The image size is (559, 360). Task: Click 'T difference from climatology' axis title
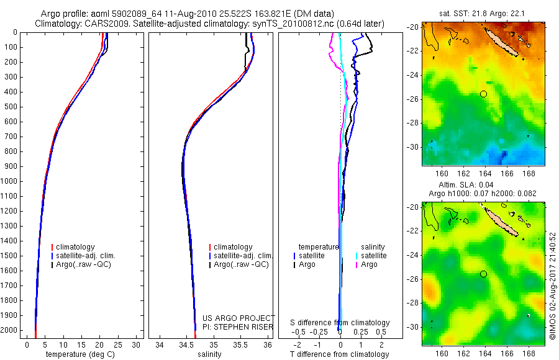(x=340, y=354)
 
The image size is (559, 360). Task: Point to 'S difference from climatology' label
(x=340, y=323)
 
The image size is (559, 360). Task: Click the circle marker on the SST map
(x=483, y=94)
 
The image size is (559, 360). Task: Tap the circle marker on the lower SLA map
(x=483, y=274)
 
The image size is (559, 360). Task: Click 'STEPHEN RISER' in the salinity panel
(x=244, y=326)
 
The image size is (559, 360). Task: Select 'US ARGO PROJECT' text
(x=239, y=318)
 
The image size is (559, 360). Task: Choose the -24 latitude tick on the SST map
(x=412, y=75)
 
